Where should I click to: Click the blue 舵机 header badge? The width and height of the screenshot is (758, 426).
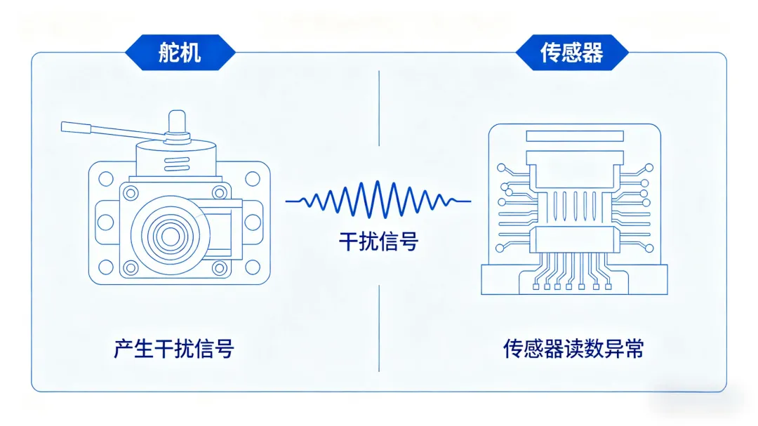[x=180, y=53]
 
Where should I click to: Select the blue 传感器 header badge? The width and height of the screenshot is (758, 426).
[x=571, y=53]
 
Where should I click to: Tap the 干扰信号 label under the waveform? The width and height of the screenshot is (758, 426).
[x=378, y=242]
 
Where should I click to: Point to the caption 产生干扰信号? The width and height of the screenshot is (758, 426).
[x=173, y=348]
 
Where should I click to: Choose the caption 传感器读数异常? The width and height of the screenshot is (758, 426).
[x=573, y=348]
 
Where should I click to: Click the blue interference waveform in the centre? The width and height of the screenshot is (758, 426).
[x=378, y=201]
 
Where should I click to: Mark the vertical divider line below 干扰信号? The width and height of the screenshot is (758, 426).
[x=379, y=326]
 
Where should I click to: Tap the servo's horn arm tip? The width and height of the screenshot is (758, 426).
[x=74, y=127]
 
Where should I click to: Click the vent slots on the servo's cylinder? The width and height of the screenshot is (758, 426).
[x=175, y=164]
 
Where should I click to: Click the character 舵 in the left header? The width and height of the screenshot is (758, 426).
[x=168, y=53]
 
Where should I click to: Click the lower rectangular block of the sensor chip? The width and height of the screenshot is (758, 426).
[x=573, y=241]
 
